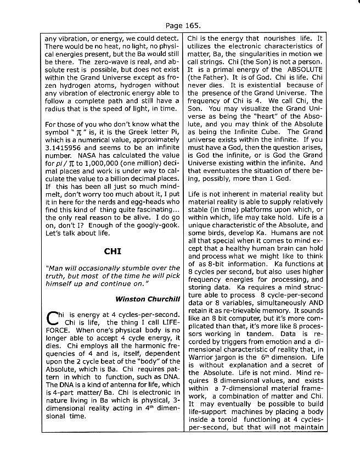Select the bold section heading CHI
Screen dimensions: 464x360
tap(112, 252)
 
